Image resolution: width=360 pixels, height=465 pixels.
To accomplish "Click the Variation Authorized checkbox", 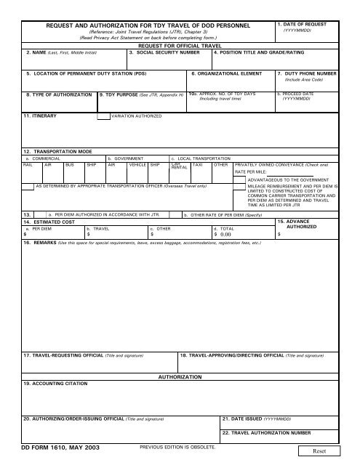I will click(103, 116).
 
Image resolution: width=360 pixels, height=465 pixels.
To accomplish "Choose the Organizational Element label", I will click(223, 74).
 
